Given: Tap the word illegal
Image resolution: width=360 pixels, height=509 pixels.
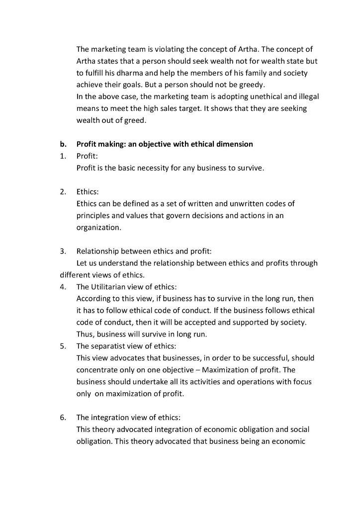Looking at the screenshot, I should point(307,96).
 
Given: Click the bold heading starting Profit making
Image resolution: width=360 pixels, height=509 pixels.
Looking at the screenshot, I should point(165,144).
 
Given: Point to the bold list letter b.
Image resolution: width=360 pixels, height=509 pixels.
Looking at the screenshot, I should point(63,144).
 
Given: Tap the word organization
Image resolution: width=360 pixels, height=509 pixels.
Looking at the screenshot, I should point(98,227).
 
